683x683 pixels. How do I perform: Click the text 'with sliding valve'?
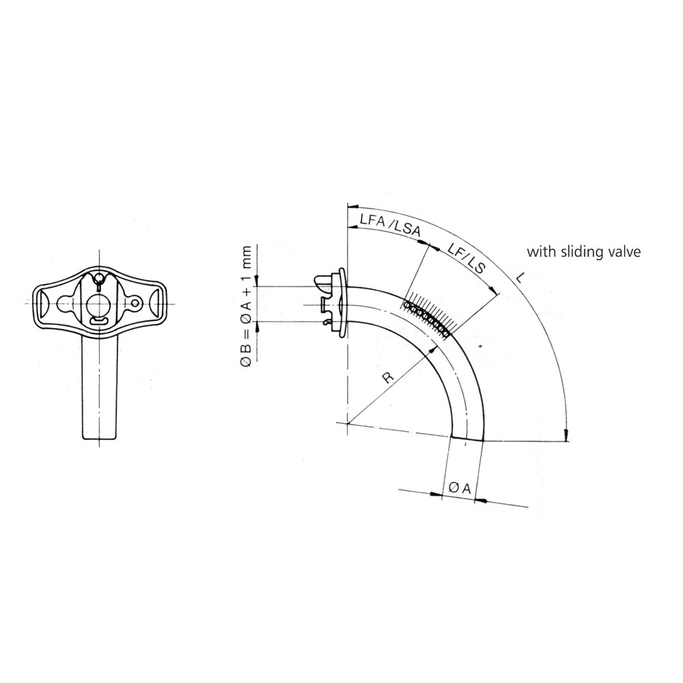584,252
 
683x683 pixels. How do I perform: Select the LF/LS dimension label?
466,259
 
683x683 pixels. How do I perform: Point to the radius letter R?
388,377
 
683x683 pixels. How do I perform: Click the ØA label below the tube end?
460,488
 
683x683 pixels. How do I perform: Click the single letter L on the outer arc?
519,278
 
